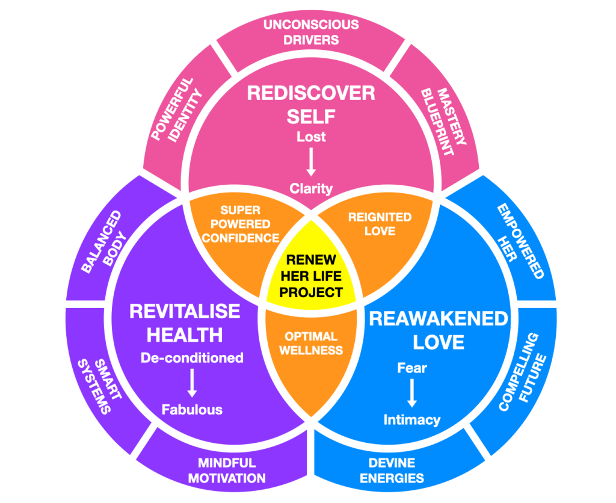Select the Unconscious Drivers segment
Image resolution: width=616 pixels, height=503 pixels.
[310, 32]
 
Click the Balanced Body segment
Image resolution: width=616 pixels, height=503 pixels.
[103, 241]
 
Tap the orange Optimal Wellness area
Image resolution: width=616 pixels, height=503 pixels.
[312, 343]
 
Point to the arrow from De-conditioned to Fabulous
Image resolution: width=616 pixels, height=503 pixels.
[192, 383]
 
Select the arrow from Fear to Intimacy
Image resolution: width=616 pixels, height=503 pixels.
[412, 393]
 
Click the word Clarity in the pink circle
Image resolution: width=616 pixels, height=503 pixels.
[311, 188]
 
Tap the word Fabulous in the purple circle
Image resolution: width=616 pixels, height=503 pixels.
[192, 410]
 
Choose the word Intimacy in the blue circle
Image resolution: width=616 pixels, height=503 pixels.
[412, 419]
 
